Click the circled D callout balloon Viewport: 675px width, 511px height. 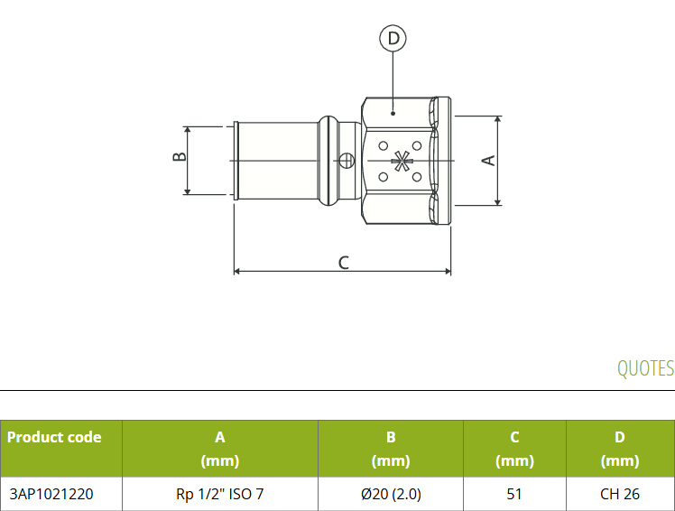coord(393,38)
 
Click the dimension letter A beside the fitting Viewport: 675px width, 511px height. coord(488,161)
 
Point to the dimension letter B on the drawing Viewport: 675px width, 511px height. coord(180,156)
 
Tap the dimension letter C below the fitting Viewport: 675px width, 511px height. coord(344,263)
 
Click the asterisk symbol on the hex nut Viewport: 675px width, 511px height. coord(401,162)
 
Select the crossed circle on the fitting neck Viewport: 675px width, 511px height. coord(347,161)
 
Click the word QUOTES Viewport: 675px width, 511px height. coord(645,368)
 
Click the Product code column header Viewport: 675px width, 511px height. coord(54,437)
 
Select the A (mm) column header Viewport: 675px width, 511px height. coord(220,449)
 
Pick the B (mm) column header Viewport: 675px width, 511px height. coord(391,449)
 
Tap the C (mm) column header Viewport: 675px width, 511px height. coord(515,449)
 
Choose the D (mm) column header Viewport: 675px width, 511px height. coord(620,449)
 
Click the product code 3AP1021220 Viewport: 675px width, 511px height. coord(51,494)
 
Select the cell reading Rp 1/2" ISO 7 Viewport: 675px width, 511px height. coord(220,494)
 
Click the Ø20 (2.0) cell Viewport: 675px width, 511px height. coord(391,494)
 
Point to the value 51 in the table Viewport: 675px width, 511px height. coord(515,494)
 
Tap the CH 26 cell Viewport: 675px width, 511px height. coord(620,494)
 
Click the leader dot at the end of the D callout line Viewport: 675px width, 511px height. coord(393,114)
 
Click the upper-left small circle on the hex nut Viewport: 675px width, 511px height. coord(384,146)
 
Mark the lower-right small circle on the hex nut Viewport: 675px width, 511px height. coord(417,177)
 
